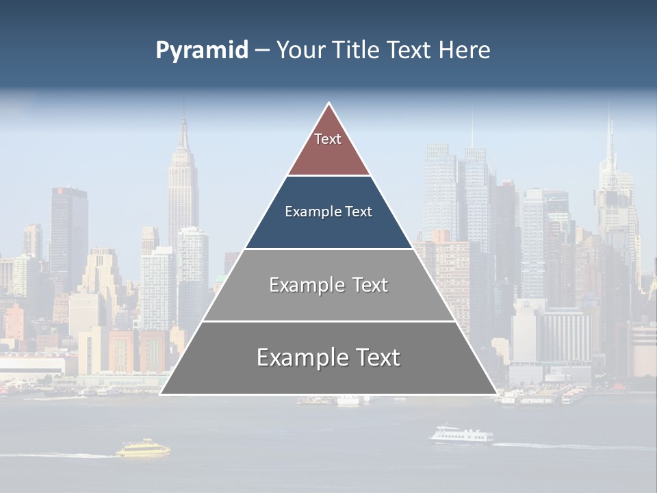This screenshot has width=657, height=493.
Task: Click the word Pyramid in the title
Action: coord(201,51)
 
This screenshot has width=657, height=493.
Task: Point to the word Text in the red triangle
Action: coord(328,139)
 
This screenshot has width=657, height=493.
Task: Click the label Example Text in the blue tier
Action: coord(328,212)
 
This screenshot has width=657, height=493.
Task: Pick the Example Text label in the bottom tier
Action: coord(328,357)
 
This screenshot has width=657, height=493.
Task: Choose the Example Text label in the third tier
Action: coord(328,285)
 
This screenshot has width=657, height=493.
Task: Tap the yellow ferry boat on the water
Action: coord(142,448)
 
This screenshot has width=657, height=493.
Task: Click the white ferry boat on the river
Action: coord(461,435)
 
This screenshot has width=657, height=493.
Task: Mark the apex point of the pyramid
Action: coord(328,103)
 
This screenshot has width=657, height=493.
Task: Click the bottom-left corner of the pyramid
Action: coord(161,394)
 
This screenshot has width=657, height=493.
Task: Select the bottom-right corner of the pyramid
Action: coord(496,394)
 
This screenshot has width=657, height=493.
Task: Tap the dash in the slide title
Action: coord(262,51)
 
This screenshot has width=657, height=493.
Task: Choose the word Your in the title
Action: coord(298,51)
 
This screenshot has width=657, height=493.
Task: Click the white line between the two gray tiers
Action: coord(328,321)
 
